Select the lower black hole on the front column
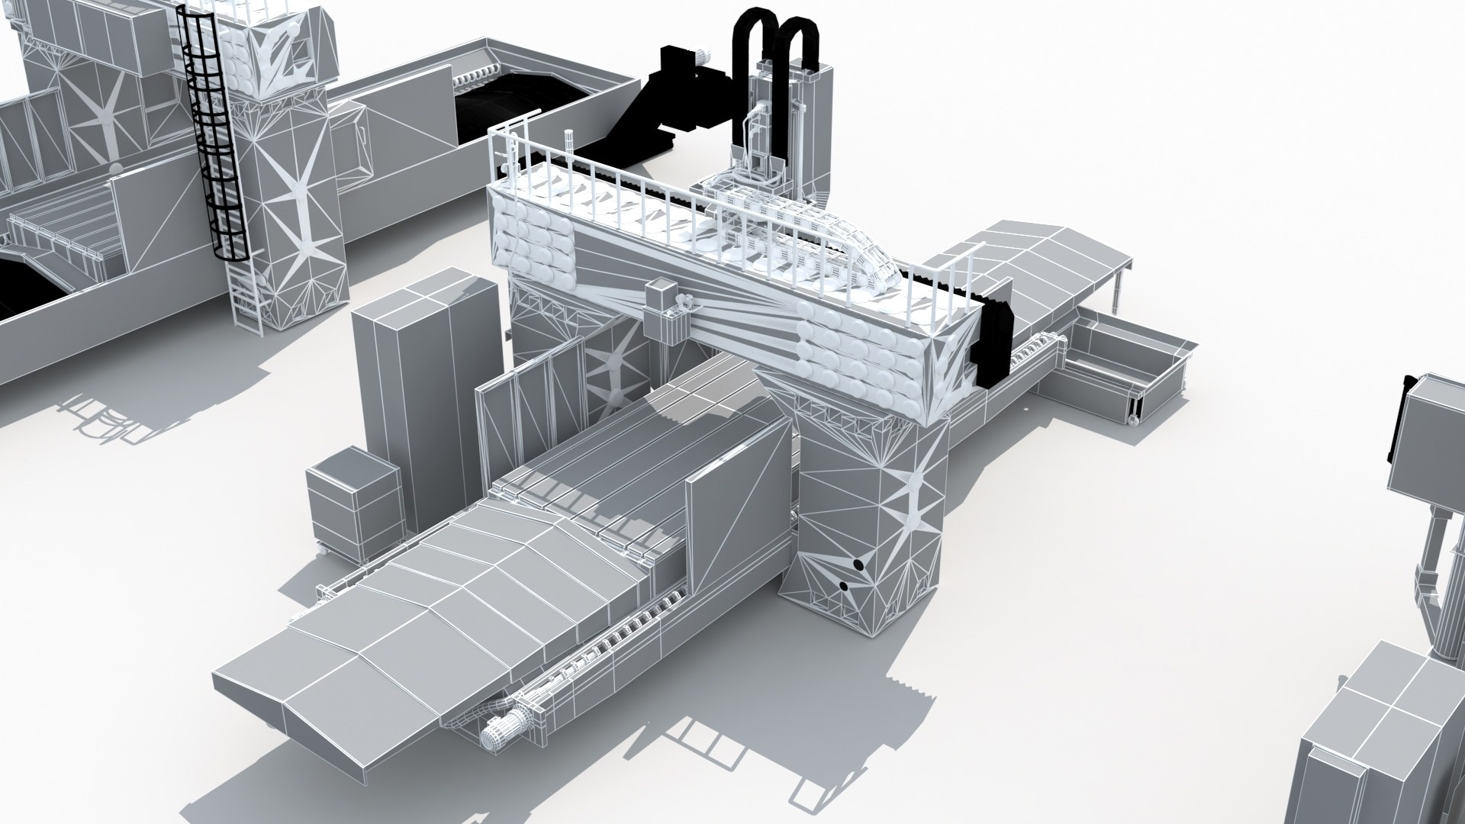844,586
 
